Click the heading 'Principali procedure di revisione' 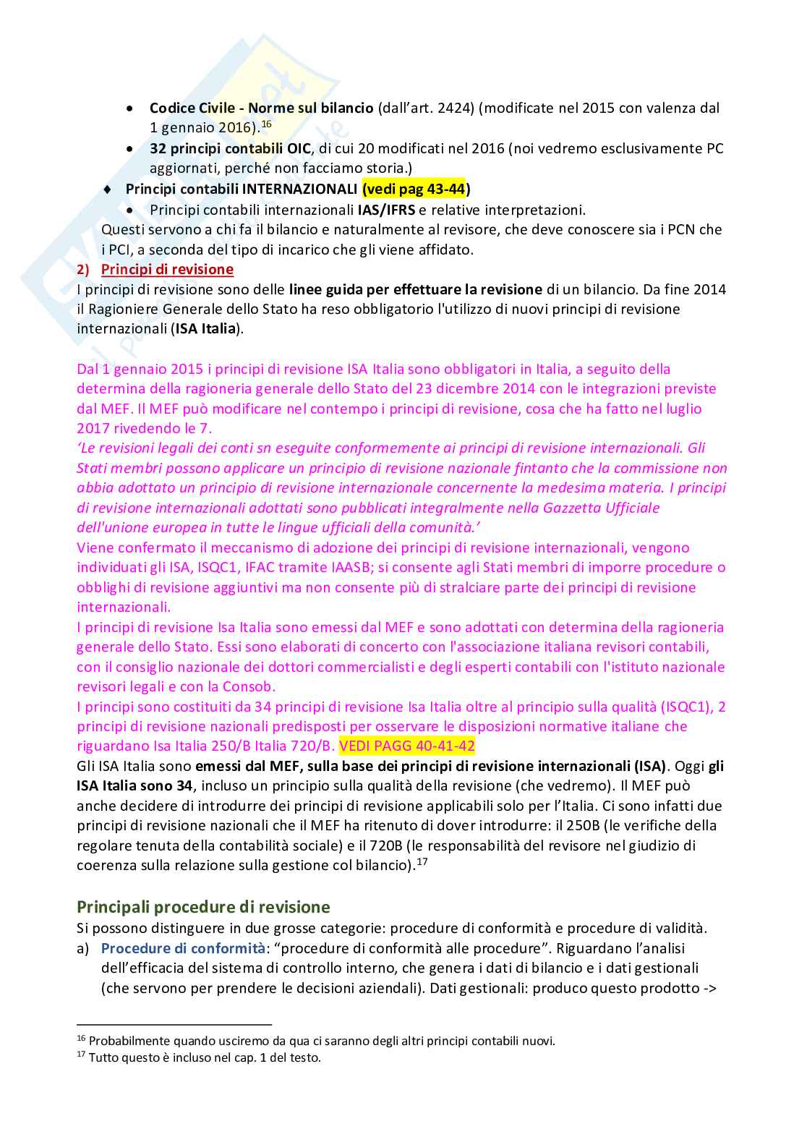tap(203, 907)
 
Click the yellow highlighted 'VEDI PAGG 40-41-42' tap(407, 746)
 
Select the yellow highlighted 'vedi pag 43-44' tap(414, 189)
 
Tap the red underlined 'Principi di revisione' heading tap(167, 270)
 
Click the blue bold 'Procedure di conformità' tap(183, 948)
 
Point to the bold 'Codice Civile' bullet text tap(192, 108)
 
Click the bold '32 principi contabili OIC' tap(230, 149)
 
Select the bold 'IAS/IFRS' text tap(386, 210)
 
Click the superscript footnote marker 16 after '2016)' tap(266, 124)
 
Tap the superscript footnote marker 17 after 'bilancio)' tap(422, 861)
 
